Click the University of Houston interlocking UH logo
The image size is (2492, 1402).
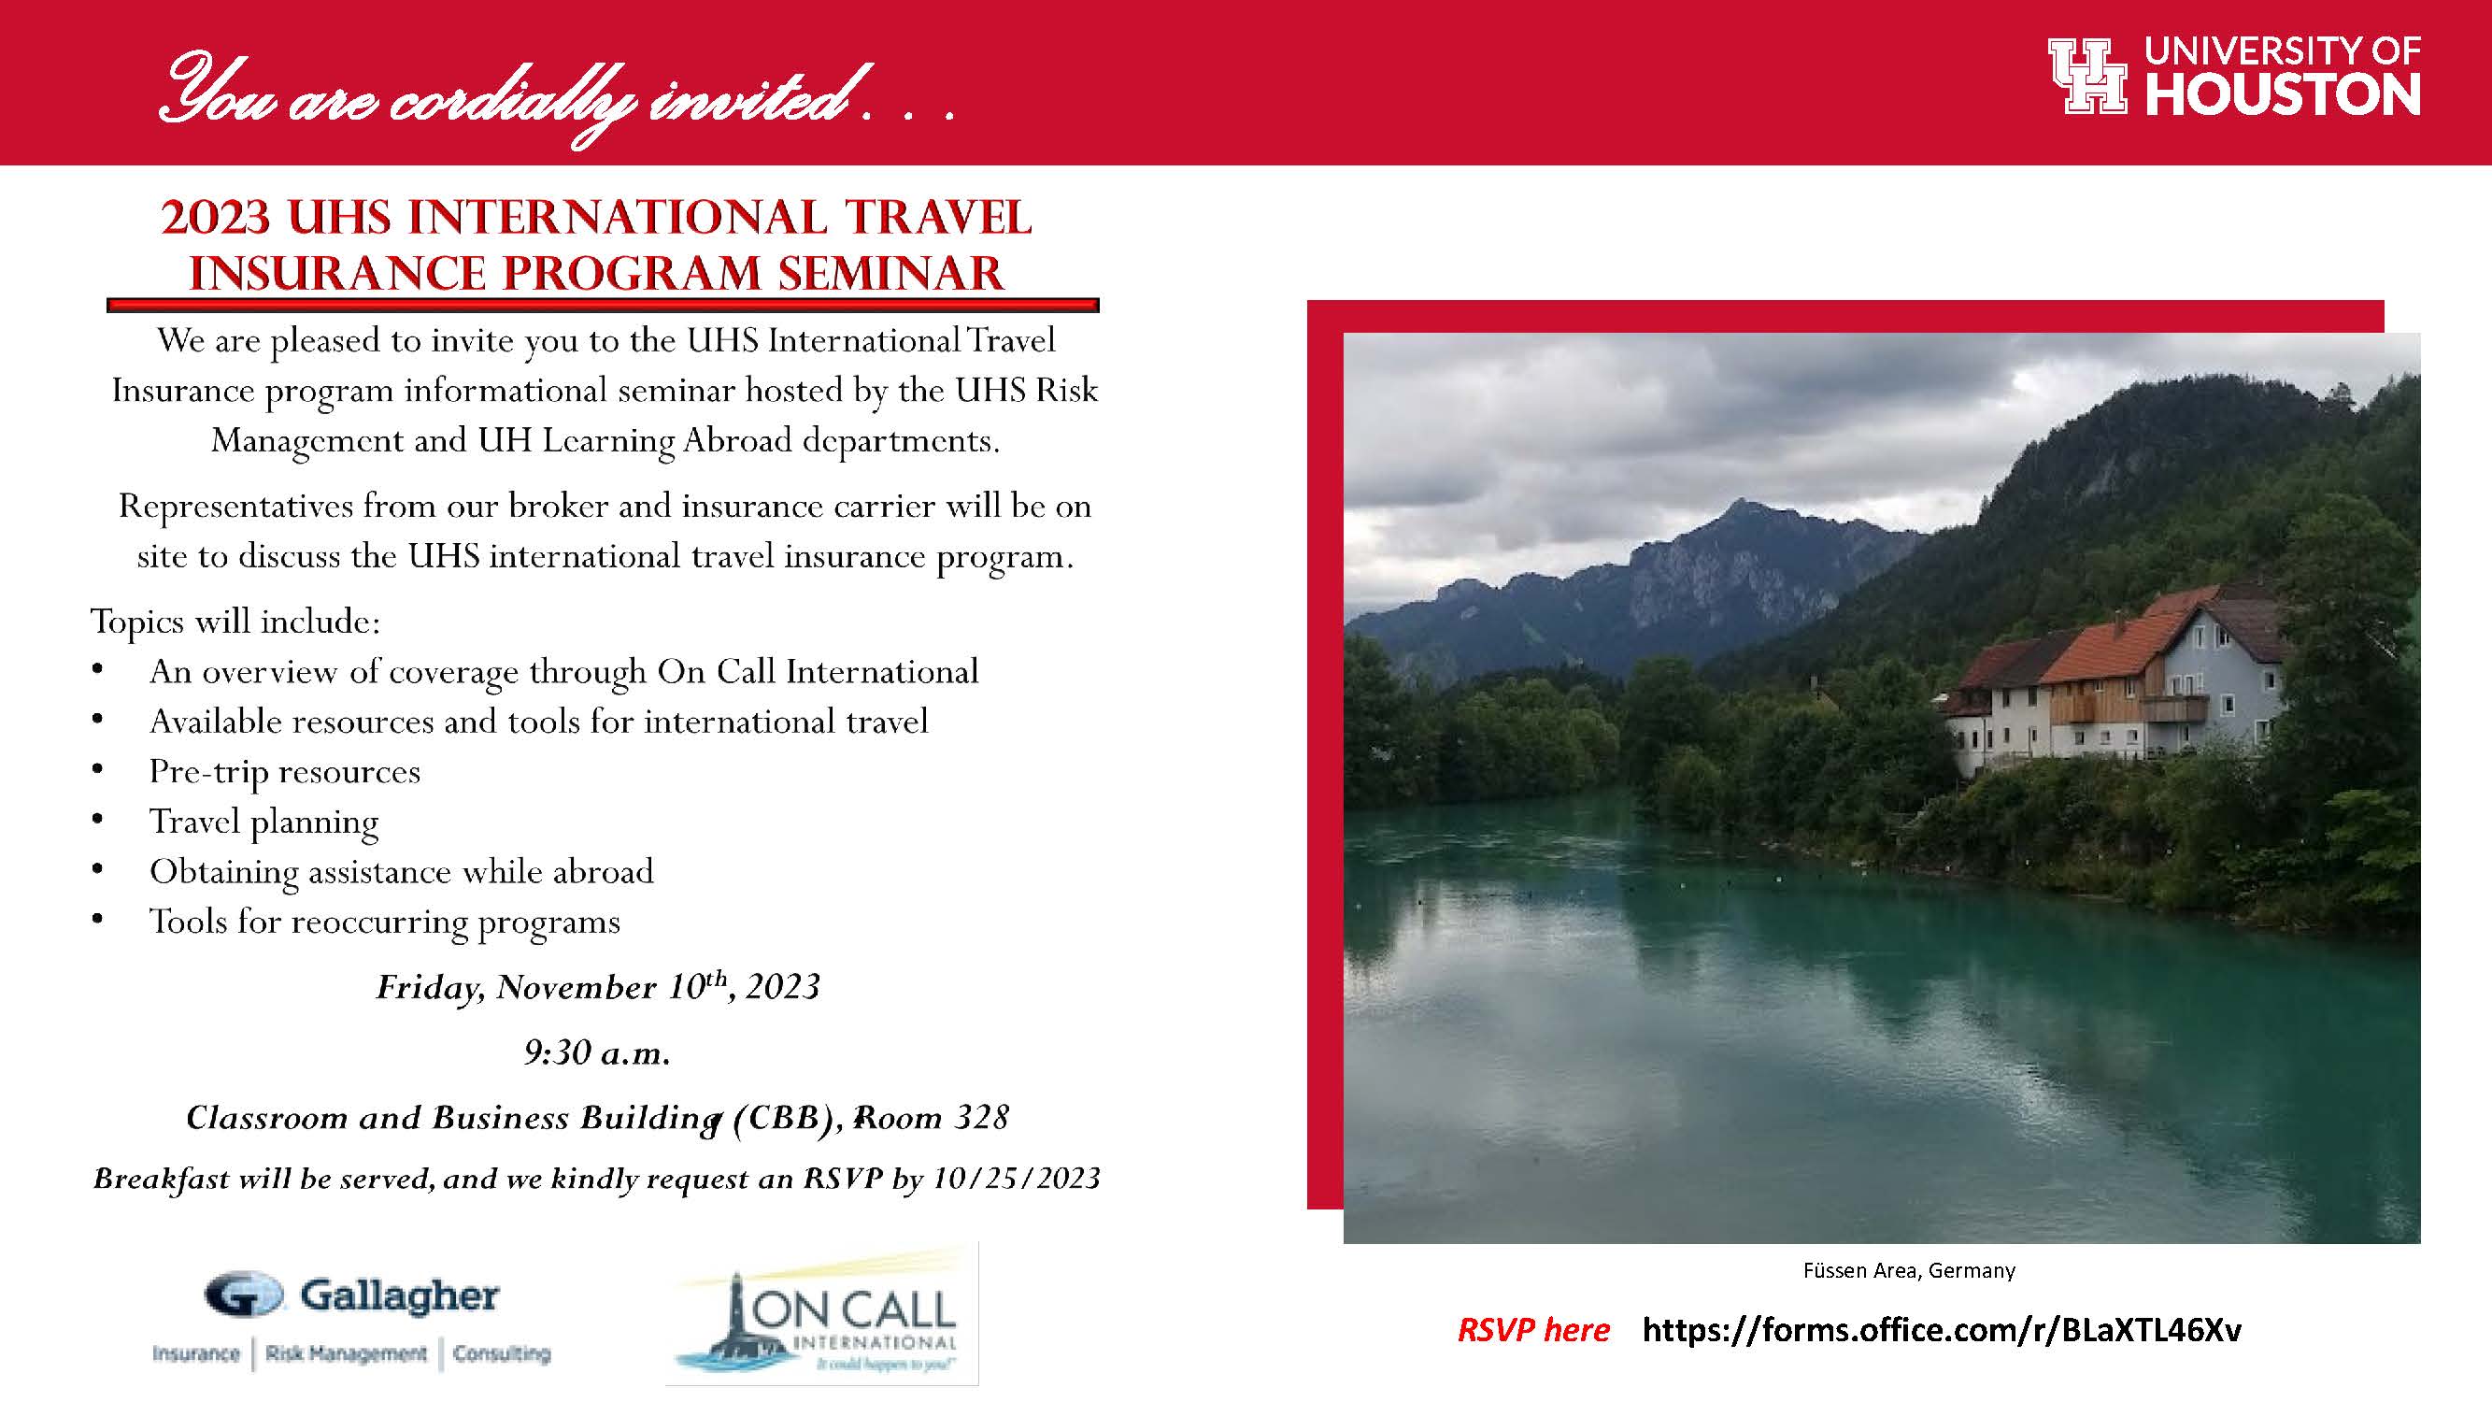pyautogui.click(x=2087, y=77)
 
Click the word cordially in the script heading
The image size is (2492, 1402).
pyautogui.click(x=512, y=100)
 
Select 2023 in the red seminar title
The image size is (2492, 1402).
pyautogui.click(x=216, y=218)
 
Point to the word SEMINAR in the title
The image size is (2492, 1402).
pyautogui.click(x=891, y=273)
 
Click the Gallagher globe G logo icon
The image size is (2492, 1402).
pyautogui.click(x=244, y=1295)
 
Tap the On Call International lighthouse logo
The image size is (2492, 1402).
pyautogui.click(x=822, y=1314)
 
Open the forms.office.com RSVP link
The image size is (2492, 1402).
pyautogui.click(x=1942, y=1330)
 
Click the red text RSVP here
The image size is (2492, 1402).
pyautogui.click(x=1533, y=1330)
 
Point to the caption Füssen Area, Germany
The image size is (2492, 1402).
pyautogui.click(x=1909, y=1270)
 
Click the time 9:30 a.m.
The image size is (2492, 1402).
pyautogui.click(x=598, y=1051)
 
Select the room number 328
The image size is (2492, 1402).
pyautogui.click(x=982, y=1118)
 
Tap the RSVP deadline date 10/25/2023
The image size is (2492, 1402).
pyautogui.click(x=1017, y=1179)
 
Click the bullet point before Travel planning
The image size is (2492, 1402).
pyautogui.click(x=97, y=820)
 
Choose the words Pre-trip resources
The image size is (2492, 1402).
pyautogui.click(x=284, y=772)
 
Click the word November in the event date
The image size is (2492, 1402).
pyautogui.click(x=576, y=987)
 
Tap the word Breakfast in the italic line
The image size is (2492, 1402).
pyautogui.click(x=162, y=1179)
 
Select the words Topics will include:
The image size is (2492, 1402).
pyautogui.click(x=236, y=622)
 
